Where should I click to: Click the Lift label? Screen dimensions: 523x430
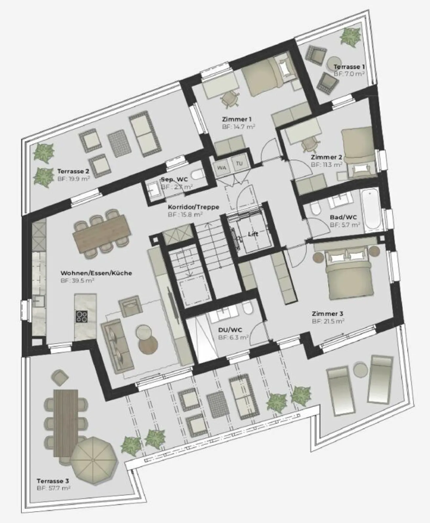(x=253, y=234)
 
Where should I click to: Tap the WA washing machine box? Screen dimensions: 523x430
(x=221, y=168)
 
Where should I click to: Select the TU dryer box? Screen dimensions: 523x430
(x=239, y=164)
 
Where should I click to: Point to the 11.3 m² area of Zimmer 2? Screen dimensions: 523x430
(x=326, y=165)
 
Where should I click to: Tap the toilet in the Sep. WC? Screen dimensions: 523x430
(x=197, y=174)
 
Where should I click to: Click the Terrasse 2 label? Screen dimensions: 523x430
(x=73, y=171)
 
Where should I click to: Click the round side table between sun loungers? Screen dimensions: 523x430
(x=361, y=370)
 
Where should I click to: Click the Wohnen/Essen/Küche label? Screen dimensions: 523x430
(x=96, y=273)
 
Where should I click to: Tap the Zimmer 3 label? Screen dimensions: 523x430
(x=327, y=314)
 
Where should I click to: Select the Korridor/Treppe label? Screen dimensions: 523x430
(x=193, y=207)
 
